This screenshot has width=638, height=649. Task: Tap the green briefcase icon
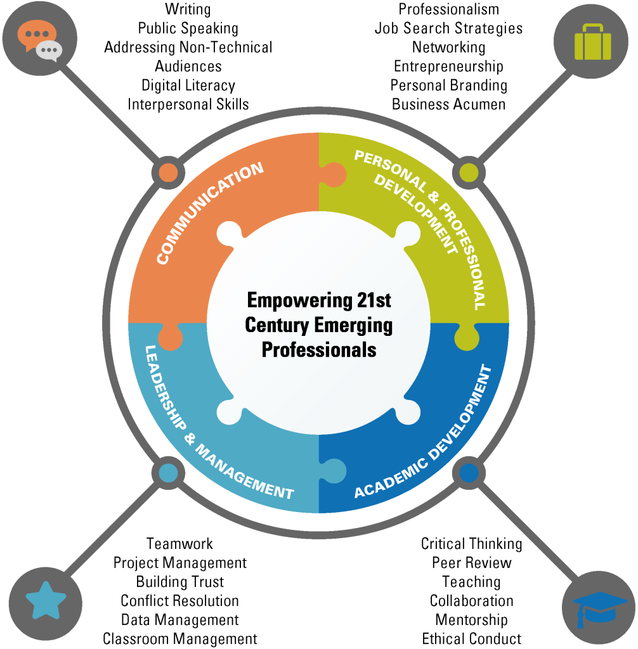pos(592,42)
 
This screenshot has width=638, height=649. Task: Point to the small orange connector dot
pos(167,172)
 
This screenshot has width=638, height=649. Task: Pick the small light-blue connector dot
pos(167,472)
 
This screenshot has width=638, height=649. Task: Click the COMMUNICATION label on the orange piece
pos(210,214)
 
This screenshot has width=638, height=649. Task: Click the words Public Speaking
pos(188,29)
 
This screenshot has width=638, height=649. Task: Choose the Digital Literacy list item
pos(188,86)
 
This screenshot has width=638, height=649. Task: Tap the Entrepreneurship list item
pos(448,67)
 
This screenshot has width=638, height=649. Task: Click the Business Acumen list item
pos(448,105)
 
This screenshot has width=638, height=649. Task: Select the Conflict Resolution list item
pos(179,601)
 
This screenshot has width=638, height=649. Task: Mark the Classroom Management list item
pos(179,639)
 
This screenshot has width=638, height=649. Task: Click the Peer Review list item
pos(471,563)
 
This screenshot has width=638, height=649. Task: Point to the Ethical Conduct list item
pos(471,639)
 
